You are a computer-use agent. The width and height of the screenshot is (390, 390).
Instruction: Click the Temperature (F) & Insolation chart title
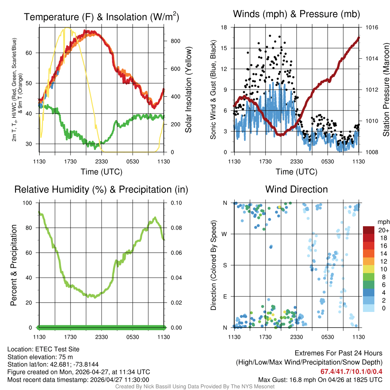pos(101,17)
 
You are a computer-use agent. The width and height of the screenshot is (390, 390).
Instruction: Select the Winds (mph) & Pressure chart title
pos(296,14)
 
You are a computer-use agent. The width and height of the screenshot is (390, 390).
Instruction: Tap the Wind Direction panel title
pos(296,189)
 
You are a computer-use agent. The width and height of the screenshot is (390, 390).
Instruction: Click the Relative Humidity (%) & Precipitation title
pos(101,189)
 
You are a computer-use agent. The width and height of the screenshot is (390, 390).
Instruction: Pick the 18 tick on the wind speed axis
pos(224,27)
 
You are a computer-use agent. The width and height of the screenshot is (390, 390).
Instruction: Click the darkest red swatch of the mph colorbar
pos(369,230)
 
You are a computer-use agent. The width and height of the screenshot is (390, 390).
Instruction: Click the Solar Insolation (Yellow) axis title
pos(188,90)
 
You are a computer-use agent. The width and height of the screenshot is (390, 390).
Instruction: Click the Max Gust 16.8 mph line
pos(320,380)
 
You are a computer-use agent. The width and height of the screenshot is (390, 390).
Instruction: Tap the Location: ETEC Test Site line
pos(43,349)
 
